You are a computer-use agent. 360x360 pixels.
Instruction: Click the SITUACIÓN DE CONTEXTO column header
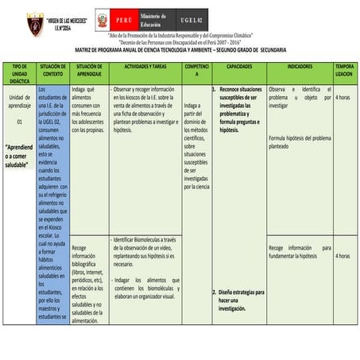click(x=52, y=71)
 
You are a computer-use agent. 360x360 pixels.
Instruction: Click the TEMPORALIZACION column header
click(x=344, y=71)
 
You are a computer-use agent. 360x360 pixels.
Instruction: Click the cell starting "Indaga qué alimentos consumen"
click(x=87, y=108)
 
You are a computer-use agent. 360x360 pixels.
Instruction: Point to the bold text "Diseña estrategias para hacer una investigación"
click(x=242, y=300)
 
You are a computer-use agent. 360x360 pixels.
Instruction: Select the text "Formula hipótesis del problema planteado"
click(x=300, y=142)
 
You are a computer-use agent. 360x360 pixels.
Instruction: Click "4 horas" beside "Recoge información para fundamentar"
click(x=343, y=256)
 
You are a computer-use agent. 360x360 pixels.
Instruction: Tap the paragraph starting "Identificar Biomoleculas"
click(x=145, y=251)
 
